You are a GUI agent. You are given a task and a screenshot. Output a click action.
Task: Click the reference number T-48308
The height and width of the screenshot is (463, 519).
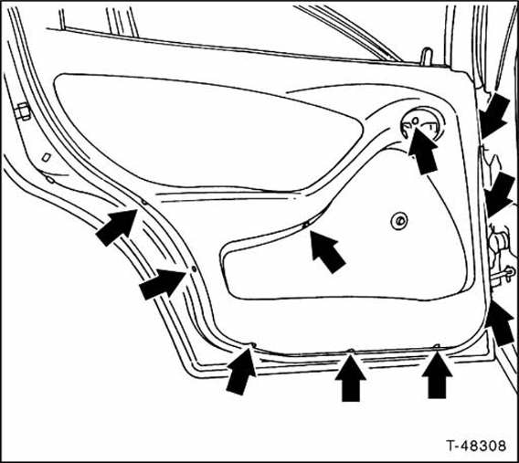click(476, 446)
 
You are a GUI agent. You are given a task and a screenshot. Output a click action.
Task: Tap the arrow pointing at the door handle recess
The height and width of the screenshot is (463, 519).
click(423, 150)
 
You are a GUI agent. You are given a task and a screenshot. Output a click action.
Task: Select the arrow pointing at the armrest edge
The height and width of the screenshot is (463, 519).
click(327, 252)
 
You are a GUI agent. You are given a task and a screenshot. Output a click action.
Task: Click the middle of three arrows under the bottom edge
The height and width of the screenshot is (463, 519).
click(351, 378)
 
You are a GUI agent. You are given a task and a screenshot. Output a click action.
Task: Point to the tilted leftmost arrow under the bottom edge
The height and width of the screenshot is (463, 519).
click(241, 372)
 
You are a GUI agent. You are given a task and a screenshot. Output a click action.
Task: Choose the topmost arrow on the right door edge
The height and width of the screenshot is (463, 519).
click(493, 116)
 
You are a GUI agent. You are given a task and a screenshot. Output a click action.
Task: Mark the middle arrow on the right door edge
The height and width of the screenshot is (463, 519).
click(499, 195)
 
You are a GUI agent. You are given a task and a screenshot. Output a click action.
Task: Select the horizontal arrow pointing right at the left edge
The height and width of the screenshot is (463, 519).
click(163, 284)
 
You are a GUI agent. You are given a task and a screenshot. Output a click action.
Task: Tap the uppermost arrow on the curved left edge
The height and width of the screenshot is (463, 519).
click(117, 227)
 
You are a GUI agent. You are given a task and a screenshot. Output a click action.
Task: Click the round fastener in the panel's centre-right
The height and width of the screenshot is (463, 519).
click(399, 221)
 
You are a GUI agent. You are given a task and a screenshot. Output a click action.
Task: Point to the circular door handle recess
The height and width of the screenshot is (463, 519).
click(422, 125)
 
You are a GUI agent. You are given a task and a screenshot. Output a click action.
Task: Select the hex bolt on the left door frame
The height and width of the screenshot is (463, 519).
click(23, 111)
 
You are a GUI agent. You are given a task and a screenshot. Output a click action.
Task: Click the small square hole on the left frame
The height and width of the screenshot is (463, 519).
click(47, 157)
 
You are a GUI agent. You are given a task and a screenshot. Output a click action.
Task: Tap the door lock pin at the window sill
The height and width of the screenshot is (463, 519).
click(428, 57)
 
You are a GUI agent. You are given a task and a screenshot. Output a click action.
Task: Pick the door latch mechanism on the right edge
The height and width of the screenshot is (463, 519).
click(502, 257)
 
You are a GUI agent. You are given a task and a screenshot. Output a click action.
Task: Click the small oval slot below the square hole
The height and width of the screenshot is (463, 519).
click(50, 180)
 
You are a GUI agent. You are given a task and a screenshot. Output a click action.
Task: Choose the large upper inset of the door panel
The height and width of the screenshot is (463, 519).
click(208, 132)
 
